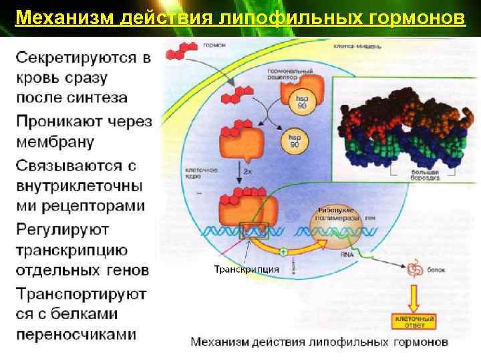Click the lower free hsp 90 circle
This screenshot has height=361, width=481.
292,141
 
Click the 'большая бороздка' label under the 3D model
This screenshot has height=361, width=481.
422,176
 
